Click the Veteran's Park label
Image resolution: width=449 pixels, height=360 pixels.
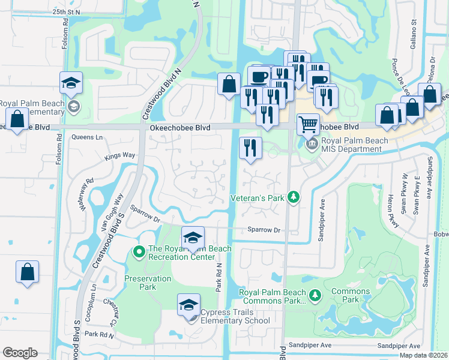258,197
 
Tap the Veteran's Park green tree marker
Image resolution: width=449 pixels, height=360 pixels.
294,197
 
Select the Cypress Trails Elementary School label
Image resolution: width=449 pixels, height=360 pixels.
235,316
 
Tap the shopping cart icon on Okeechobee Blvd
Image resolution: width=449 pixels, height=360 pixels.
308,125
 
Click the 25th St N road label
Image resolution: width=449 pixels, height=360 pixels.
66,11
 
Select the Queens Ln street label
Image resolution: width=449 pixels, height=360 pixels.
88,137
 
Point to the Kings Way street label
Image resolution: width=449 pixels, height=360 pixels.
120,155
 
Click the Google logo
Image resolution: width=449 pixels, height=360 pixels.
19,353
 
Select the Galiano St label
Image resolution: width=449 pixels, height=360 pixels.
414,30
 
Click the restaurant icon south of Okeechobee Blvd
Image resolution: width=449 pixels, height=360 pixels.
250,147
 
